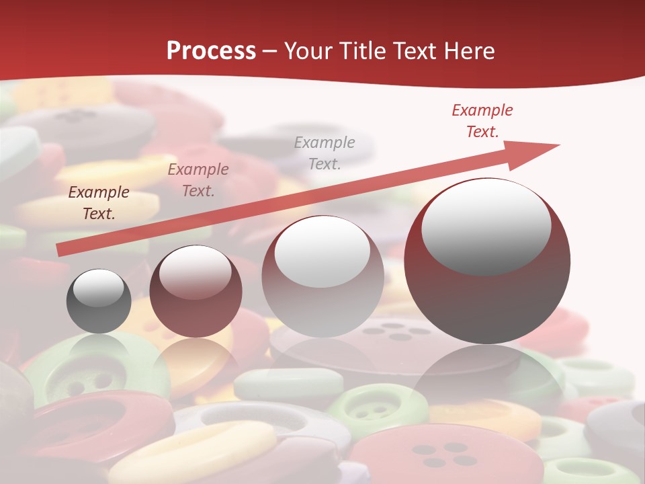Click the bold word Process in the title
click(x=211, y=51)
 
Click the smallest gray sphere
click(x=99, y=301)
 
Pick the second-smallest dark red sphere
click(x=196, y=292)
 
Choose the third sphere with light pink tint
click(x=322, y=276)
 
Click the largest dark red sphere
click(x=487, y=261)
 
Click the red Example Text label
click(x=482, y=121)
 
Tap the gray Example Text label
click(x=325, y=153)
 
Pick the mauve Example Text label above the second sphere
click(x=198, y=180)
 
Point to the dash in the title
click(x=270, y=51)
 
